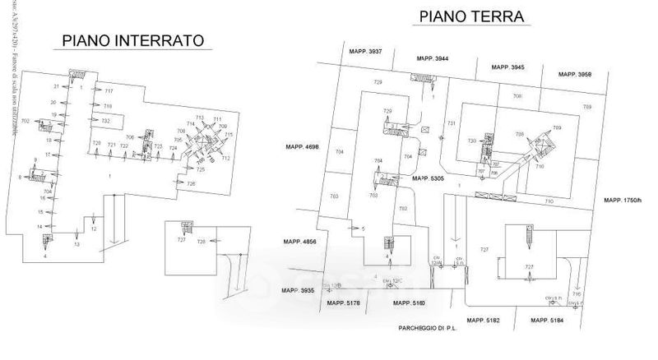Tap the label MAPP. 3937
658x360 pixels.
click(364, 52)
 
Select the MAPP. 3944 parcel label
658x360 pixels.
click(432, 59)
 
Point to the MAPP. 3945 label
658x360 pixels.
click(507, 67)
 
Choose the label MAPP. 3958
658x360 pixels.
click(574, 74)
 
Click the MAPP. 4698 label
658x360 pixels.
click(302, 147)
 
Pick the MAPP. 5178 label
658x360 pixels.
click(343, 303)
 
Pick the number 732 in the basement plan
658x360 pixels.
click(105, 121)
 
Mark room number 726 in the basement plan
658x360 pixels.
click(191, 183)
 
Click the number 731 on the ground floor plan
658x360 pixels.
click(451, 123)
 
